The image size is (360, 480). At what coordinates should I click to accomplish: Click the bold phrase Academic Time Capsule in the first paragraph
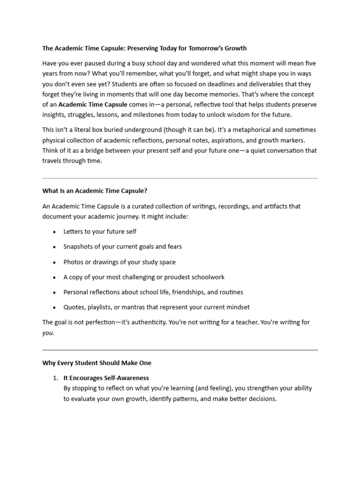pyautogui.click(x=92, y=105)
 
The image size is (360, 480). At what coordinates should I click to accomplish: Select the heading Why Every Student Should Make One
pyautogui.click(x=97, y=363)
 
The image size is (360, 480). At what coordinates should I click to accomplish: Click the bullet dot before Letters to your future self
pyautogui.click(x=55, y=232)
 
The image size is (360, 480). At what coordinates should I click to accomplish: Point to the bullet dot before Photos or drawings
pyautogui.click(x=55, y=262)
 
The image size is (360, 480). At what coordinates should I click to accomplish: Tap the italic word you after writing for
pyautogui.click(x=48, y=333)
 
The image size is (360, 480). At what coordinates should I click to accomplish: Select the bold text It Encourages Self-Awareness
pyautogui.click(x=106, y=378)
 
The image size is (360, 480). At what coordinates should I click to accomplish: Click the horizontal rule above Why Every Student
pyautogui.click(x=180, y=350)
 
